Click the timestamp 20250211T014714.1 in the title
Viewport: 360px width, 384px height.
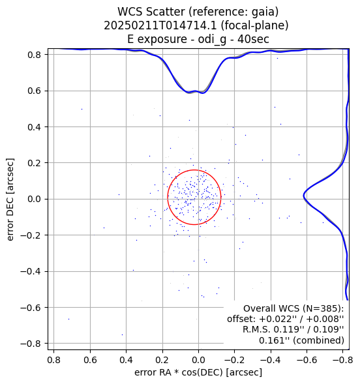click(160, 25)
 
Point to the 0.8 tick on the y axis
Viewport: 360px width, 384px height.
click(34, 55)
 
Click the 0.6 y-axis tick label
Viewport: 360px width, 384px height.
click(34, 91)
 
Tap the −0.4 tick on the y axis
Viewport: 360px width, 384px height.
click(31, 271)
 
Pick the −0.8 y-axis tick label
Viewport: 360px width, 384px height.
click(31, 344)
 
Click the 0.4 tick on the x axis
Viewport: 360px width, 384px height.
click(126, 360)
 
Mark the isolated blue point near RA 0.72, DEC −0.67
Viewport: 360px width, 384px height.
click(69, 319)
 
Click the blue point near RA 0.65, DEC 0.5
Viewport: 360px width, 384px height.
click(82, 110)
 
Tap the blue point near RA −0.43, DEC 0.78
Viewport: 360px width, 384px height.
click(277, 58)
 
